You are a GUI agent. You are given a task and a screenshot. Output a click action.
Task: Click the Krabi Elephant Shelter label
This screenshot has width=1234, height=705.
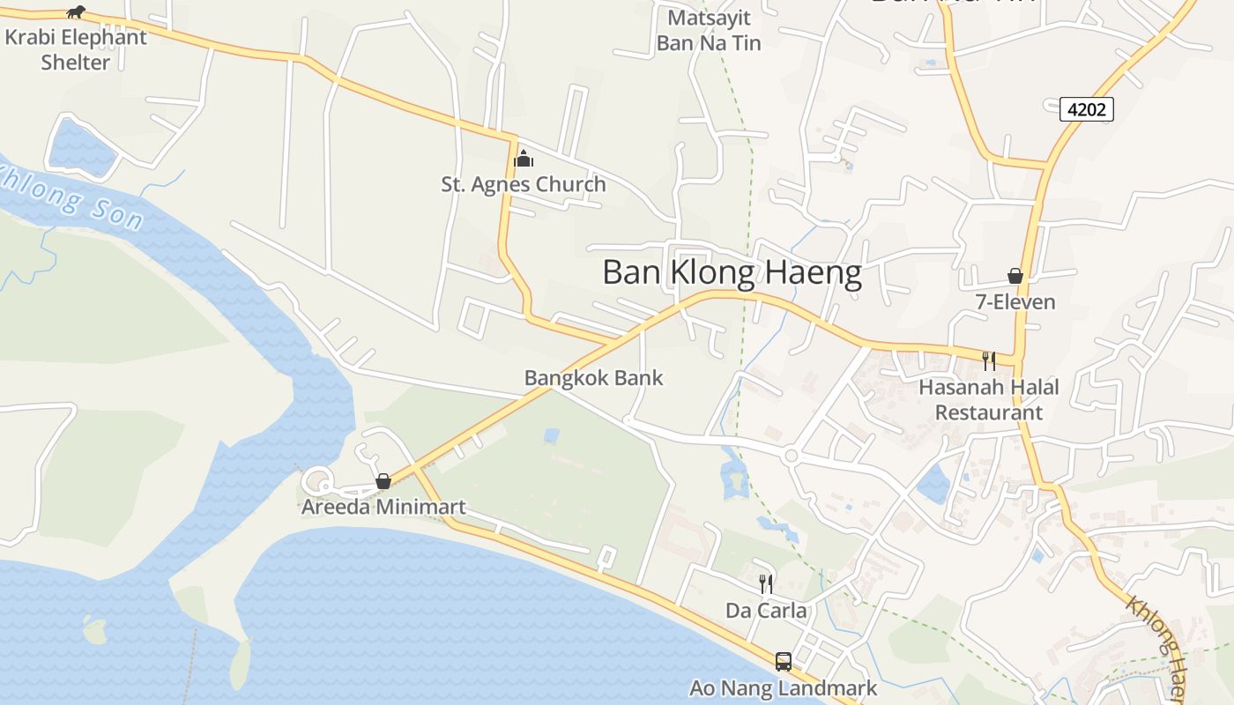(x=76, y=50)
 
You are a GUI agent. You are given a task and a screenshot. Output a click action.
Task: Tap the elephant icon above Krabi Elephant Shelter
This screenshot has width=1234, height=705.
(x=77, y=11)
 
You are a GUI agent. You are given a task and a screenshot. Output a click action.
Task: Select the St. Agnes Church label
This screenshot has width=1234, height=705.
(x=524, y=184)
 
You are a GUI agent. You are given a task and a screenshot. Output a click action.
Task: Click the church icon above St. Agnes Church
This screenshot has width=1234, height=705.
(x=524, y=159)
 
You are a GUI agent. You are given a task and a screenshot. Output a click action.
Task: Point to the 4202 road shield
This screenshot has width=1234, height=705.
(x=1087, y=109)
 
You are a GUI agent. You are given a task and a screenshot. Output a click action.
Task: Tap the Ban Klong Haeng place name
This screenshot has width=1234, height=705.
(x=732, y=273)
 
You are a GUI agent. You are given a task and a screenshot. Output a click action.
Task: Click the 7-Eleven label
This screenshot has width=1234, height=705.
(x=1015, y=302)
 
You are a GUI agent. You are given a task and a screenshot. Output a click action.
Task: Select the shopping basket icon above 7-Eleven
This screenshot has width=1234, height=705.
(x=1015, y=276)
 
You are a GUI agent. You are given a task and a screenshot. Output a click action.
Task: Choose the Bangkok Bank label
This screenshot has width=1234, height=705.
(x=593, y=378)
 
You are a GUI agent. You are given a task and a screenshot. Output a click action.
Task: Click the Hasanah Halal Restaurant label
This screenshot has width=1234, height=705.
(x=989, y=399)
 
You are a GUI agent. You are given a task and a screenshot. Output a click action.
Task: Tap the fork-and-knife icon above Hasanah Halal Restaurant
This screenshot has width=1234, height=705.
(x=989, y=360)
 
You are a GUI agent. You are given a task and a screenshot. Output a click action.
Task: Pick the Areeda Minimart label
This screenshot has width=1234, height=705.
(x=383, y=507)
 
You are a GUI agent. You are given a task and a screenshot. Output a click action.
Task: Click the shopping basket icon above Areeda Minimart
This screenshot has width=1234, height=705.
(x=383, y=481)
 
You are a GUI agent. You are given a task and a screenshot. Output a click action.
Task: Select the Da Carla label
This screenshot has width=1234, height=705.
(x=766, y=610)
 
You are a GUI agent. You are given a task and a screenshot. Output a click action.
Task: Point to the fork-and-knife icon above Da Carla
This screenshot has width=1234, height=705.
(x=766, y=583)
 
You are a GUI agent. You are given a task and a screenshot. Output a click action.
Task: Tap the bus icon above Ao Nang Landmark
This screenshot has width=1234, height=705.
(x=783, y=661)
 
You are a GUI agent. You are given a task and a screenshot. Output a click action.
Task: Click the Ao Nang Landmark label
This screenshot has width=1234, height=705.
(x=783, y=688)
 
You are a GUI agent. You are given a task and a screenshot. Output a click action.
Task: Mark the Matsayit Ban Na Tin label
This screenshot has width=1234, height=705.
(x=709, y=30)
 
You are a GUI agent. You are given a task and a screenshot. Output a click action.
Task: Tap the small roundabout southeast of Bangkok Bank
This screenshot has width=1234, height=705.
(x=790, y=456)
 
